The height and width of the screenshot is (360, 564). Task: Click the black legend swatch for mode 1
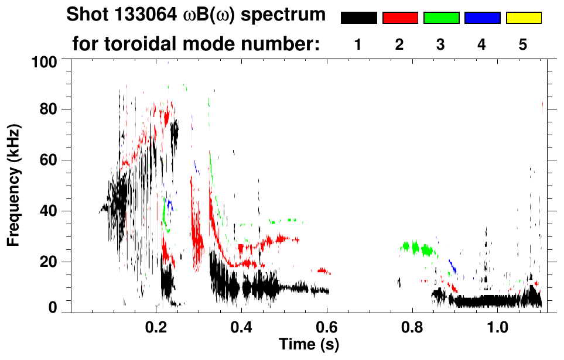tap(358, 18)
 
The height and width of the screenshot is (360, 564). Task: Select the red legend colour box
tap(400, 18)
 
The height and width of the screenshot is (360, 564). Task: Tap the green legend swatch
tap(441, 18)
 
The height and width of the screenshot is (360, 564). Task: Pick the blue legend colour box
tap(482, 18)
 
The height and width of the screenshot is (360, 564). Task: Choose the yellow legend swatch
tap(524, 18)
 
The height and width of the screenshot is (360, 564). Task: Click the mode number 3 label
tap(440, 44)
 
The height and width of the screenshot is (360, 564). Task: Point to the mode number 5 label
tap(523, 44)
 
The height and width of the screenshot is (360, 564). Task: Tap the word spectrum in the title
tap(286, 15)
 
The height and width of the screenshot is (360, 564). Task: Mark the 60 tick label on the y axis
tap(52, 160)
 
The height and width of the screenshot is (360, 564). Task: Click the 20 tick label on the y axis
tap(52, 262)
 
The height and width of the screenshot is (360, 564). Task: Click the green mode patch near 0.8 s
tap(417, 248)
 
